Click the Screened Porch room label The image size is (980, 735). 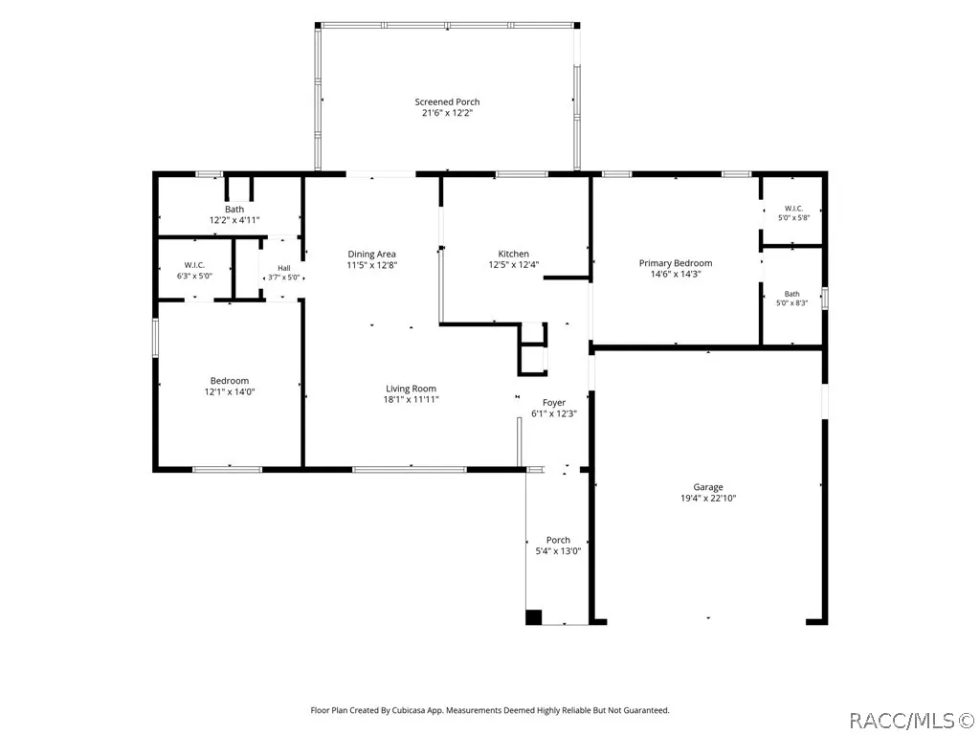448,101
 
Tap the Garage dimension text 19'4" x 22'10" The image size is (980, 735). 708,498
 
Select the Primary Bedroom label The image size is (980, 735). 676,263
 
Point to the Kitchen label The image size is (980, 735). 514,254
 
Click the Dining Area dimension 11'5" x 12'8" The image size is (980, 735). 372,265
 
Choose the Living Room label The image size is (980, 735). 412,389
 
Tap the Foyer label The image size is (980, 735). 554,403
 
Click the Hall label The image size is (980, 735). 283,268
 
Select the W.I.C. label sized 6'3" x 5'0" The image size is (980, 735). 194,265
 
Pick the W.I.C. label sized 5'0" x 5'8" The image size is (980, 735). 793,208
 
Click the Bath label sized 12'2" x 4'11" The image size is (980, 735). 234,210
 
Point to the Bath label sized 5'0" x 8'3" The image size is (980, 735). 791,294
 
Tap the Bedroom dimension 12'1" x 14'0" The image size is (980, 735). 230,391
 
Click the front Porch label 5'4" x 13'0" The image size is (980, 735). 558,540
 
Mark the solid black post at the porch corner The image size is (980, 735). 533,617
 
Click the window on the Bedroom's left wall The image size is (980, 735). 156,338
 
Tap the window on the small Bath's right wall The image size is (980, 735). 825,299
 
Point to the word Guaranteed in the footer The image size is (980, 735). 648,710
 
